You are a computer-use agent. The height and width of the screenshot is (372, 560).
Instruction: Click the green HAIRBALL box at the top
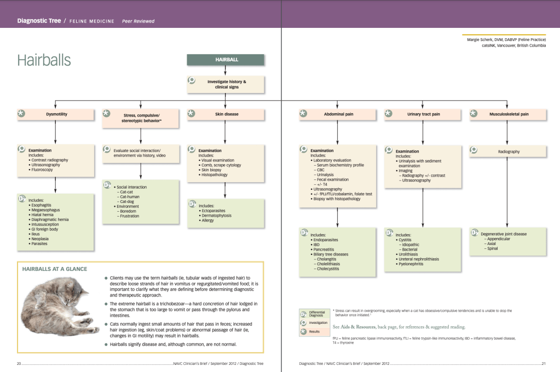tap(226, 60)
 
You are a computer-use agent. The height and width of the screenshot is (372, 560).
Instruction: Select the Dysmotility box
tap(56, 114)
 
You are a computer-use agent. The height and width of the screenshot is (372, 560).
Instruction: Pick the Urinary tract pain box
tap(423, 114)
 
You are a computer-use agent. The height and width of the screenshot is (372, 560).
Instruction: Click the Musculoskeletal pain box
tap(509, 114)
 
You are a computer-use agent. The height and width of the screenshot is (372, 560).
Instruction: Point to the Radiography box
tap(509, 151)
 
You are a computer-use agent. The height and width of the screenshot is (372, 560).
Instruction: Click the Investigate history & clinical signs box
tap(226, 84)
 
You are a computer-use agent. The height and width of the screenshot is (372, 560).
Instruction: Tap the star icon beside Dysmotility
tap(21, 114)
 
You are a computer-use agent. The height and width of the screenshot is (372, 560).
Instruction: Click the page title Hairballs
tap(44, 60)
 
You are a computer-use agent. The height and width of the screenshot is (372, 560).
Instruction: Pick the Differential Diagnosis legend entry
tap(316, 313)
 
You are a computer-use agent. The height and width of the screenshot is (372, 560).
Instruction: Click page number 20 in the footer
tap(19, 363)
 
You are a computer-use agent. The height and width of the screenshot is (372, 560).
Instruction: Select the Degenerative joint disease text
tap(504, 234)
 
